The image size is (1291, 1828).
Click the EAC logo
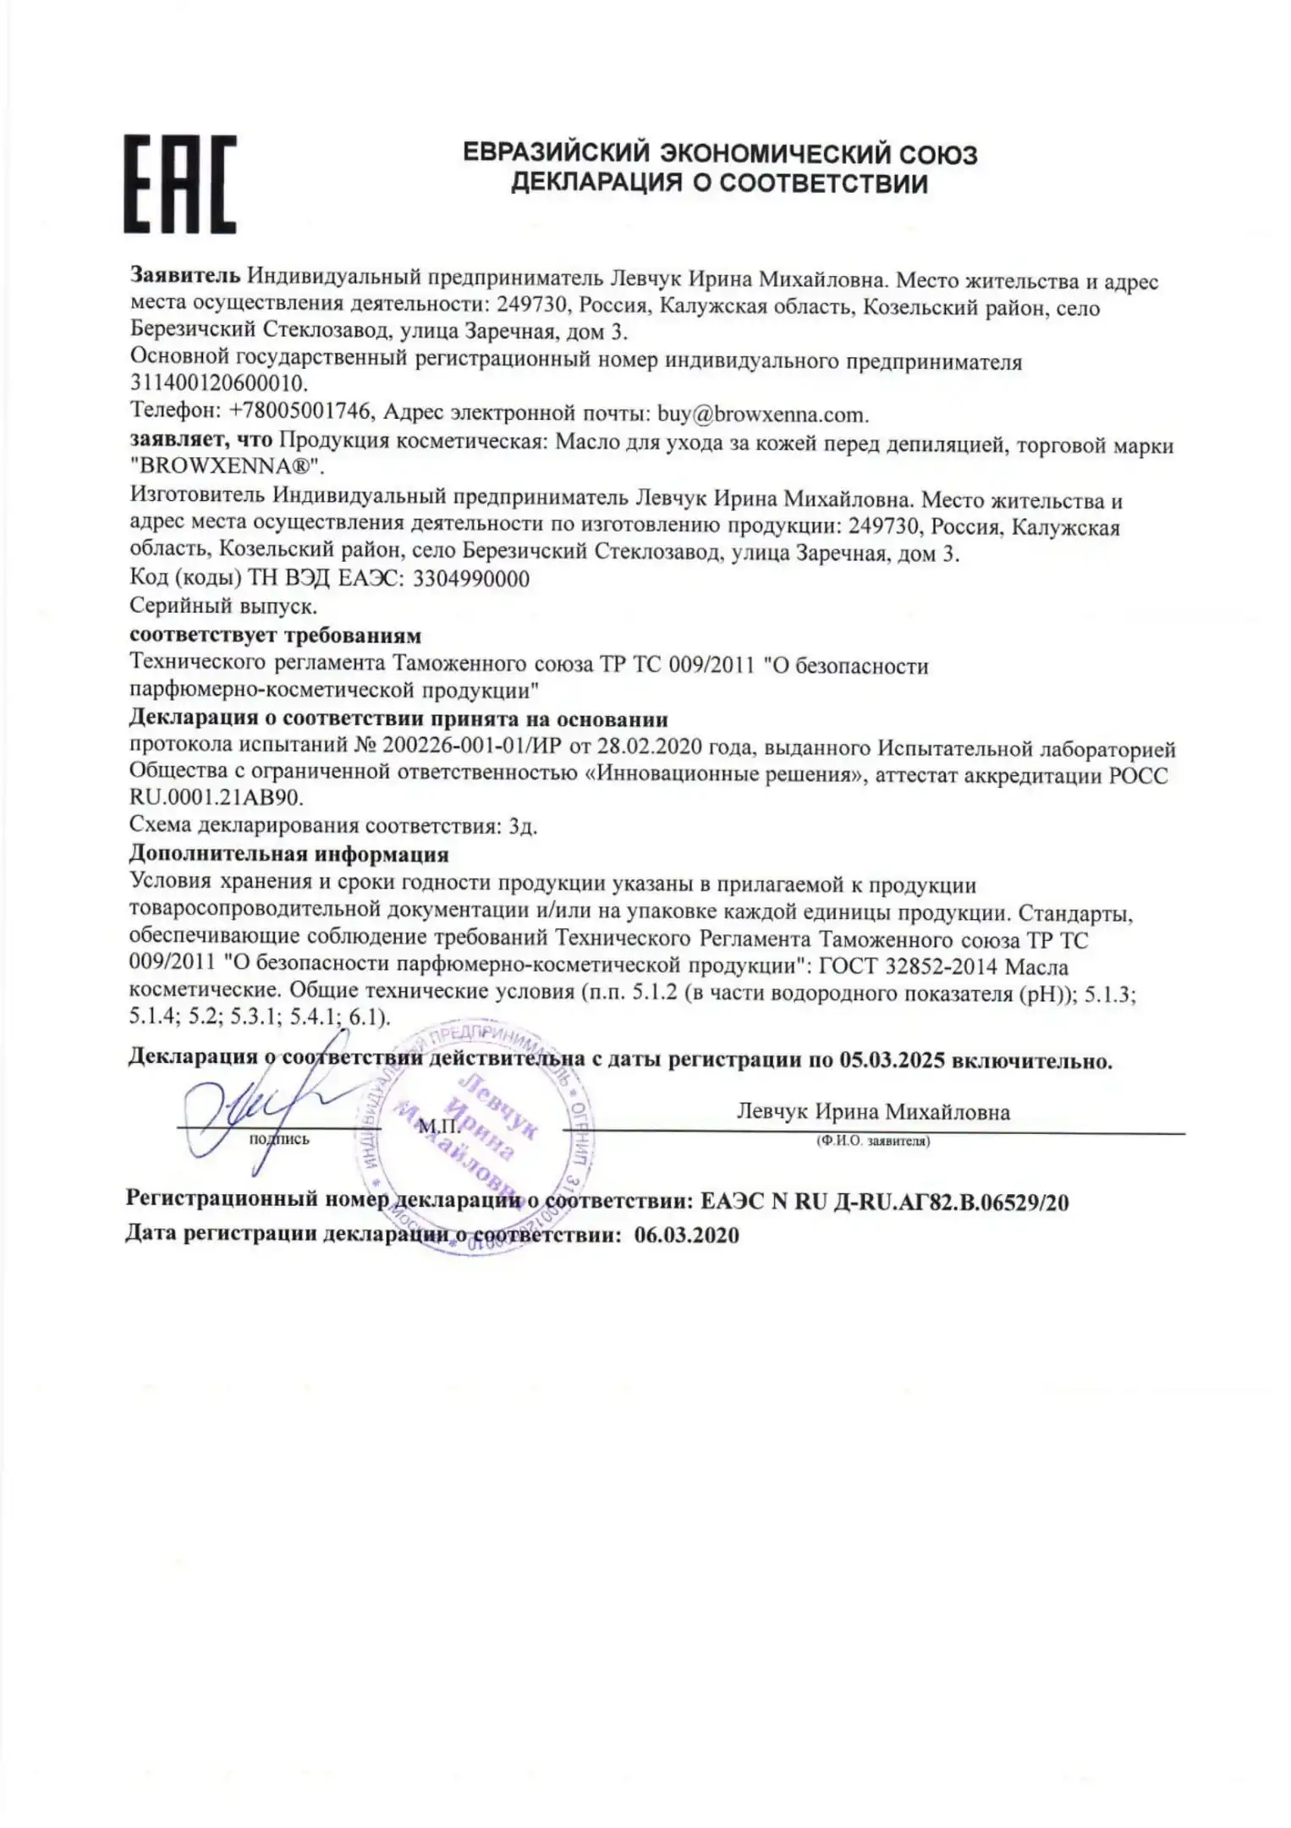tap(180, 184)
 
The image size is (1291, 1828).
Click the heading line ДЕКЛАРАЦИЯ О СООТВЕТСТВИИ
tap(720, 184)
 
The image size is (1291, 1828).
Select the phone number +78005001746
tap(301, 412)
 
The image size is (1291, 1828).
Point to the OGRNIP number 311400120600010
tap(219, 387)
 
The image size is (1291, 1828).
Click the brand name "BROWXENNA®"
tap(228, 468)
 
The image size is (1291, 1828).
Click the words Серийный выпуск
tap(223, 606)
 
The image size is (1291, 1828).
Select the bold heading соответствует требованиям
tap(275, 635)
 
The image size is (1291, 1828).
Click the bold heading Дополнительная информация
tap(288, 855)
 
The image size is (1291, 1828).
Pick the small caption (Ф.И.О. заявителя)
tap(873, 1142)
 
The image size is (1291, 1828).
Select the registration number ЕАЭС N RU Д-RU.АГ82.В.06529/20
tap(885, 1202)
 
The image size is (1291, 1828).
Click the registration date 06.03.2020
tap(686, 1236)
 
